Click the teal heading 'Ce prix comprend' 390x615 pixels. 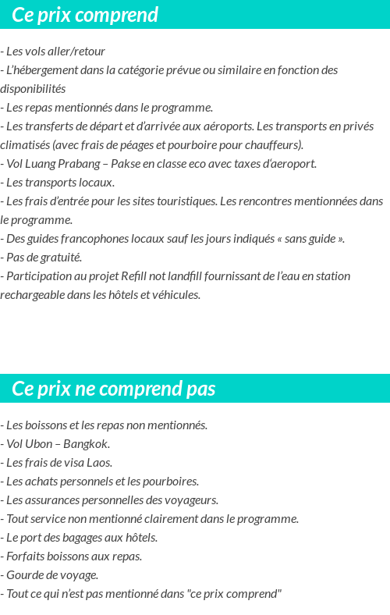click(x=85, y=15)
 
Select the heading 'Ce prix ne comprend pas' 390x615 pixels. click(x=114, y=389)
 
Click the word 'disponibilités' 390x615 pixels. click(x=33, y=89)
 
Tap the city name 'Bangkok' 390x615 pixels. click(x=86, y=444)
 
